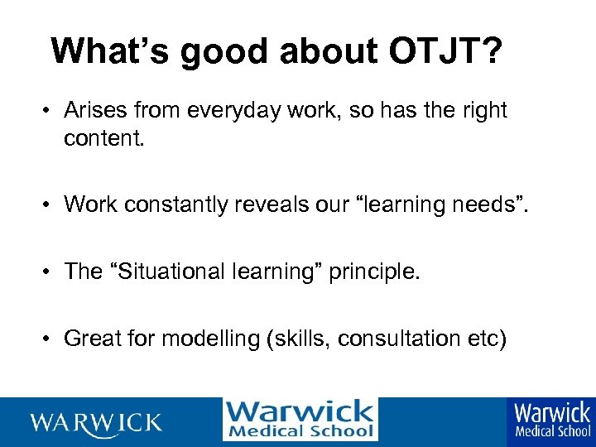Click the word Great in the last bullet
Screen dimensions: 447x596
pos(92,339)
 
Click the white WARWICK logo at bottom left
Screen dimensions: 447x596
pos(96,423)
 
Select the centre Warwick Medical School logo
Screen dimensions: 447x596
pos(300,420)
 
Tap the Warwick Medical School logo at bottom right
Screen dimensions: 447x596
pos(552,421)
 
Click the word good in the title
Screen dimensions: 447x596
pos(219,51)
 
